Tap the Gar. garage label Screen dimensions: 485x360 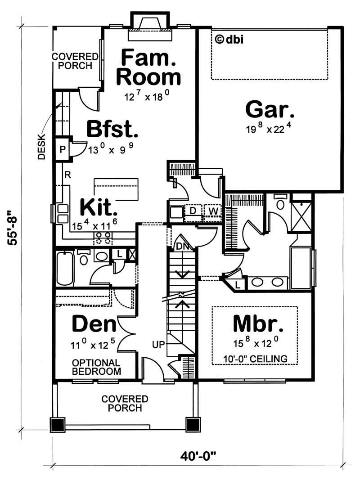[x=270, y=109]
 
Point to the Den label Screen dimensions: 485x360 [x=94, y=324]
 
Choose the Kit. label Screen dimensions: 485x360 [x=99, y=208]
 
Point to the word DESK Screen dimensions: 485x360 [x=41, y=148]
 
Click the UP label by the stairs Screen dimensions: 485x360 [x=159, y=345]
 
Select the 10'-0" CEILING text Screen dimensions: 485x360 [x=255, y=359]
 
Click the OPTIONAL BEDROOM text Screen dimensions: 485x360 [x=96, y=367]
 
